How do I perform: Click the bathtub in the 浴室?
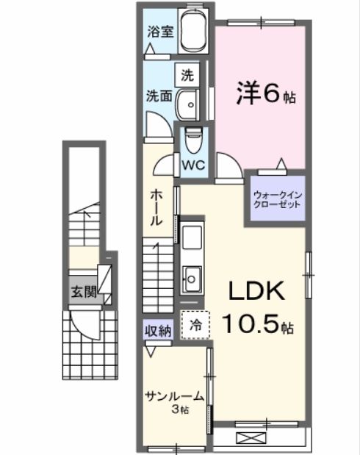coord(193,30)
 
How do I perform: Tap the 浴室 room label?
coord(160,32)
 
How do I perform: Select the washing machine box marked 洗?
coord(187,75)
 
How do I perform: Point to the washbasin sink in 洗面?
coord(187,104)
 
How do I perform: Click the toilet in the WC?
coord(193,140)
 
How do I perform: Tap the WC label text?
coord(193,165)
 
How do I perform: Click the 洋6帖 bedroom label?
coord(266,93)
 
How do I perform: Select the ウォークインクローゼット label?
coord(278,200)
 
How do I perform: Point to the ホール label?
coord(156,208)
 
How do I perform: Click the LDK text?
coord(256,291)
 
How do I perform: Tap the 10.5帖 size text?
coord(258,324)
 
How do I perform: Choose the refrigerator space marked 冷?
coord(195,325)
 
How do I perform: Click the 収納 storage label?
coord(158,331)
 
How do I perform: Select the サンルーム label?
coord(175,395)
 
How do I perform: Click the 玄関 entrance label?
coord(84,291)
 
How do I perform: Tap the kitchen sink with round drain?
coord(192,279)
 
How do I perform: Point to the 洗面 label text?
coord(159,96)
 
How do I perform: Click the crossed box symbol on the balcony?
coord(251,438)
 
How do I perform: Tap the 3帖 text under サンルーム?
coord(181,409)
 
